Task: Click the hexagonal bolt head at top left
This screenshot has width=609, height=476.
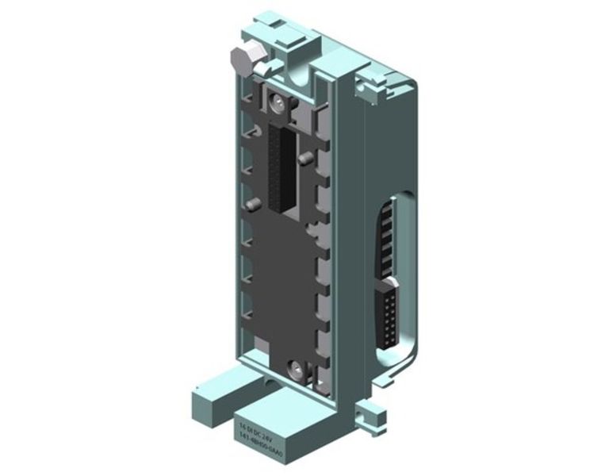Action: pos(239,60)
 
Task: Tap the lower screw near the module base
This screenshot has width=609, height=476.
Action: pos(295,367)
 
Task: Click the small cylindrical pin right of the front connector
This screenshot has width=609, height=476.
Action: pos(305,159)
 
